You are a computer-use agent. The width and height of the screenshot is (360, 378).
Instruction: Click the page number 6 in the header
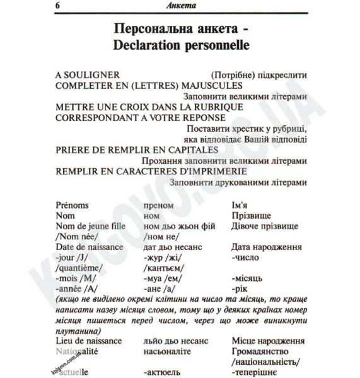58,6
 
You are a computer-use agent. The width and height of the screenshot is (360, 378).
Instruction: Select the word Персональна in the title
154,29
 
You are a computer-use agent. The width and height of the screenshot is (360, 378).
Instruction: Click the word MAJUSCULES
207,85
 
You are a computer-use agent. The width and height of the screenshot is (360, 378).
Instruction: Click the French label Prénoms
73,205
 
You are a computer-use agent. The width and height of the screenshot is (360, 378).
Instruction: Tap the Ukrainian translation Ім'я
243,205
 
